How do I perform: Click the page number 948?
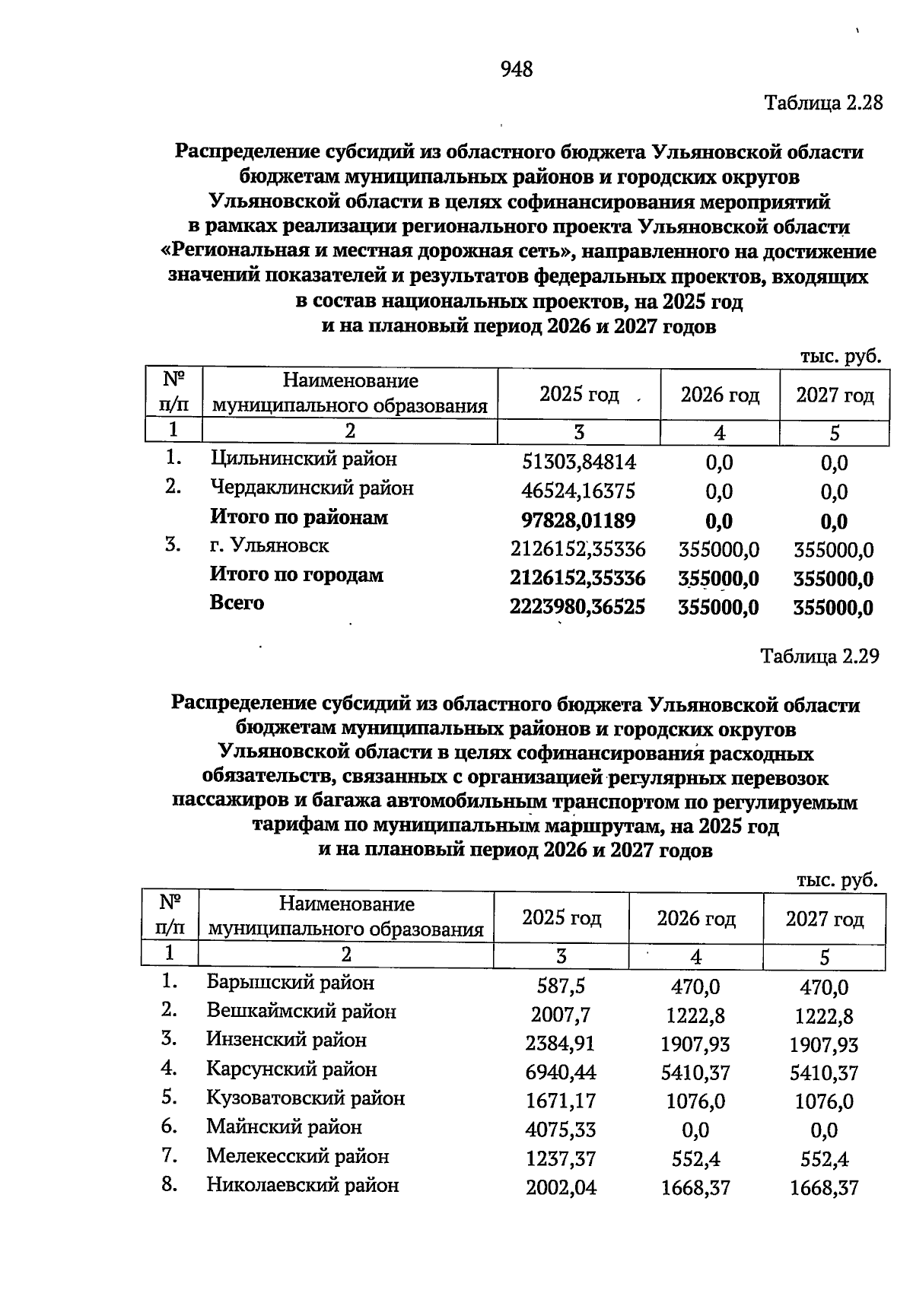pos(517,70)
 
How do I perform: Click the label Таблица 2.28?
pos(822,103)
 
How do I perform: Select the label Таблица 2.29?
pos(820,656)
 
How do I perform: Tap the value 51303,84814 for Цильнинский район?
pos(579,462)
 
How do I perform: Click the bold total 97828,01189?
pos(578,520)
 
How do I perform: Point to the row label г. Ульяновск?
pos(269,545)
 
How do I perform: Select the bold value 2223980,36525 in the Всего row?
pos(577,607)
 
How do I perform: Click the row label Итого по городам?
pos(296,575)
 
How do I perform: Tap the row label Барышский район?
pos(290,983)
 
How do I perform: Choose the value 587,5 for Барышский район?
pos(561,987)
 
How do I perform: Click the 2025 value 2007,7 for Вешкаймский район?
pos(561,1015)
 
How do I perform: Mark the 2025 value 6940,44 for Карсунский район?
pos(561,1073)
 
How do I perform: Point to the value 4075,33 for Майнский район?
pos(561,1130)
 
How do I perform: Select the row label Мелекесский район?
pos(297,1156)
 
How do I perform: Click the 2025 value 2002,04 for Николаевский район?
pos(561,1188)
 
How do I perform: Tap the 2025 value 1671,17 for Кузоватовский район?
pos(561,1101)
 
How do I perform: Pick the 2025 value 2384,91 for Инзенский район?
pos(561,1044)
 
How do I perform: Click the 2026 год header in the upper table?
pos(720,395)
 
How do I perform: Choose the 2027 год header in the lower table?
pos(825,919)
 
